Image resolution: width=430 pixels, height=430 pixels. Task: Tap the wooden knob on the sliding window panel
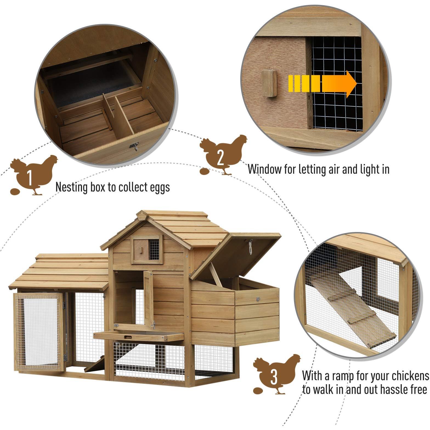269,83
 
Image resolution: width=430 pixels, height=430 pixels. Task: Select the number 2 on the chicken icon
221,158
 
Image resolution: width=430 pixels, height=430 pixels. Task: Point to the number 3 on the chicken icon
274,378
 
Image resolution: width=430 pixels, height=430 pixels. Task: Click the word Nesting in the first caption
72,187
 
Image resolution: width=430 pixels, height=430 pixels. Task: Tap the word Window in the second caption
265,169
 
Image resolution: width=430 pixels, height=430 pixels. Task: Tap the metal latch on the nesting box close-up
135,146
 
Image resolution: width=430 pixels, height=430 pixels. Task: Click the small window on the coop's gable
146,250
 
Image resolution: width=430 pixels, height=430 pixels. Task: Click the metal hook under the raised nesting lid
250,246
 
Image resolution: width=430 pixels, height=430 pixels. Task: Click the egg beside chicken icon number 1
15,191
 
